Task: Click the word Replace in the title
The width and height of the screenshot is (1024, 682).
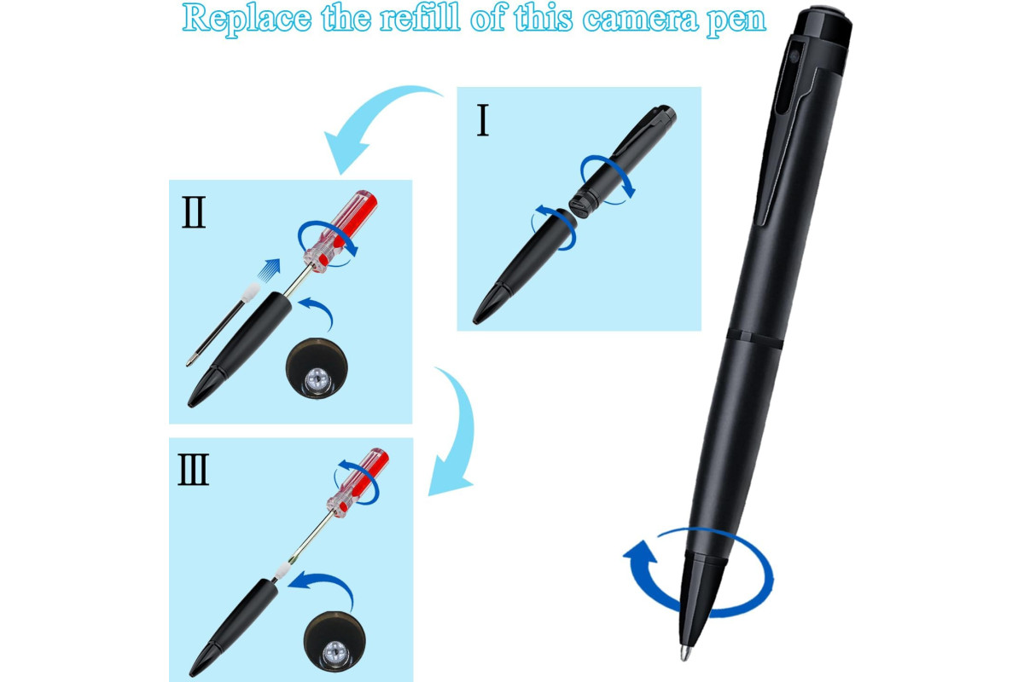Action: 247,19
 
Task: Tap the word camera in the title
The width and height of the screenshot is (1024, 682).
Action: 641,20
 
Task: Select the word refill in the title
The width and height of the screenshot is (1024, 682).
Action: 420,18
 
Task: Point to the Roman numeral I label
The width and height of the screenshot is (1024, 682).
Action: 483,119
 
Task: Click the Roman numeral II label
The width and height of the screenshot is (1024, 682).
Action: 194,212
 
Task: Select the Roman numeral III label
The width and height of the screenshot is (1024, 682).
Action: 194,469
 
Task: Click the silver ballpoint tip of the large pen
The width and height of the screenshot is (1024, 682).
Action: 684,653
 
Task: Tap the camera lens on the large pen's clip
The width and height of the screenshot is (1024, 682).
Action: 794,56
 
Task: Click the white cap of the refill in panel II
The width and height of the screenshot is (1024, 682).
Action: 251,292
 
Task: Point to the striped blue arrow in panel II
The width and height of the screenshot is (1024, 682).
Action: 268,269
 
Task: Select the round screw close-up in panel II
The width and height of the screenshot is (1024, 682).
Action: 317,367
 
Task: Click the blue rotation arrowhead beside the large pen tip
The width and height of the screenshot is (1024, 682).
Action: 639,552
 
